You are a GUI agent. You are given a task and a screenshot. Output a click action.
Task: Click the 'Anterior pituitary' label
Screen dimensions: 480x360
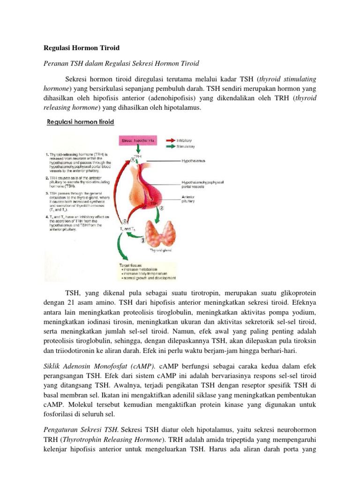(188, 200)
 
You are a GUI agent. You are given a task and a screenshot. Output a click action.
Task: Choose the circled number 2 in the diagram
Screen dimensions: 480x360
(162, 208)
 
